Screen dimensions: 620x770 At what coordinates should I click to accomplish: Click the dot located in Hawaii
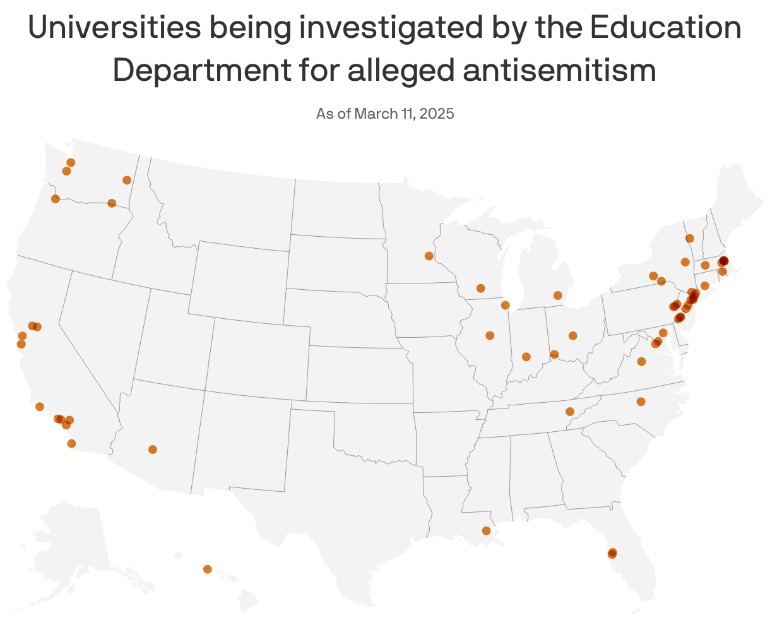pyautogui.click(x=208, y=569)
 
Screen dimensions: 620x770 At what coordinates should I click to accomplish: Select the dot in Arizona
pyautogui.click(x=153, y=450)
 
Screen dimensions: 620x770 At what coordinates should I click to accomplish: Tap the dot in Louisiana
pyautogui.click(x=486, y=530)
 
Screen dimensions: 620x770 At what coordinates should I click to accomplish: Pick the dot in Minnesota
pyautogui.click(x=429, y=256)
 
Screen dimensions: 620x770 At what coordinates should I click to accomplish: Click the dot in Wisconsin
pyautogui.click(x=480, y=288)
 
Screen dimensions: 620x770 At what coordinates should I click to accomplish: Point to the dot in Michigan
pyautogui.click(x=557, y=295)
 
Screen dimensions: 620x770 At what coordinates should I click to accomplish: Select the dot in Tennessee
pyautogui.click(x=570, y=412)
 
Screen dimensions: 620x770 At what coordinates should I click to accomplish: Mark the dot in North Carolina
pyautogui.click(x=641, y=402)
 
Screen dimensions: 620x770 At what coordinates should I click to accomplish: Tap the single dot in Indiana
pyautogui.click(x=526, y=357)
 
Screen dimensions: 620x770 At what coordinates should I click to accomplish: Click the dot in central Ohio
pyautogui.click(x=572, y=335)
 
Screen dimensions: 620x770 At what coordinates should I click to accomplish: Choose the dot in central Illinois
pyautogui.click(x=490, y=335)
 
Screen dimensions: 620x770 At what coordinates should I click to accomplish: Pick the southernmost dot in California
pyautogui.click(x=71, y=443)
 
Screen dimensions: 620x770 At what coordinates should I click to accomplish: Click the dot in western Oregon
pyautogui.click(x=55, y=199)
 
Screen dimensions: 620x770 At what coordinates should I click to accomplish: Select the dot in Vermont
pyautogui.click(x=690, y=238)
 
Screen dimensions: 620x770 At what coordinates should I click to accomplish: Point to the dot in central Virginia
pyautogui.click(x=641, y=361)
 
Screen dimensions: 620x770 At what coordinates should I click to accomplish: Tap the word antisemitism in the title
pyautogui.click(x=560, y=70)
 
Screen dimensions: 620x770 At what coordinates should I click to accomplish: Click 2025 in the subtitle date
pyautogui.click(x=437, y=114)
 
